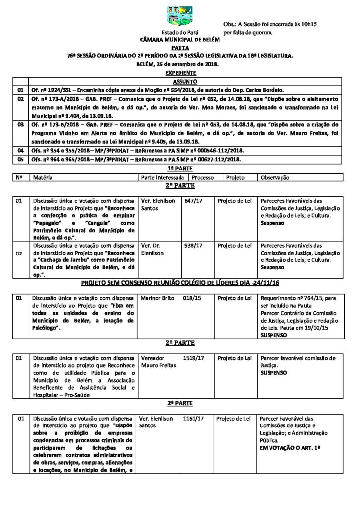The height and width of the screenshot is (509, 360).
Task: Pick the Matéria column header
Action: (x=43, y=177)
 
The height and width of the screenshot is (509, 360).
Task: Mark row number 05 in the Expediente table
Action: (x=21, y=159)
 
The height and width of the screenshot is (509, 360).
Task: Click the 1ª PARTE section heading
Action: (x=180, y=169)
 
